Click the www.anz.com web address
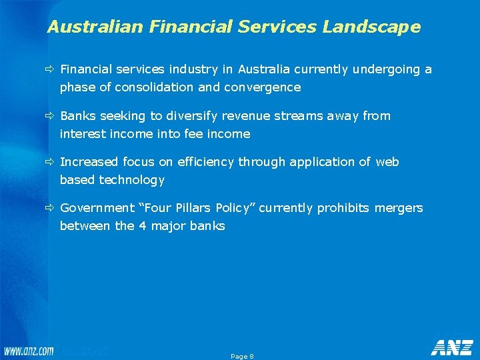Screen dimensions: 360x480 click(x=29, y=351)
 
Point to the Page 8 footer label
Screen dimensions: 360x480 click(x=242, y=357)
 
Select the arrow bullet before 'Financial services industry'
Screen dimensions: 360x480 click(x=51, y=69)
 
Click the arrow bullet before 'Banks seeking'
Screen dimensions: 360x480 click(x=51, y=116)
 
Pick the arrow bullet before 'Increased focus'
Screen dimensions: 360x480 click(x=51, y=162)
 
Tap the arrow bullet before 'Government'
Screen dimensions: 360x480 click(x=51, y=208)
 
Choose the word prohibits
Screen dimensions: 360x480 click(x=343, y=208)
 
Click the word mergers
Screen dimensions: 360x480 click(x=399, y=208)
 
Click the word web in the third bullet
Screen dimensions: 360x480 click(x=387, y=162)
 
